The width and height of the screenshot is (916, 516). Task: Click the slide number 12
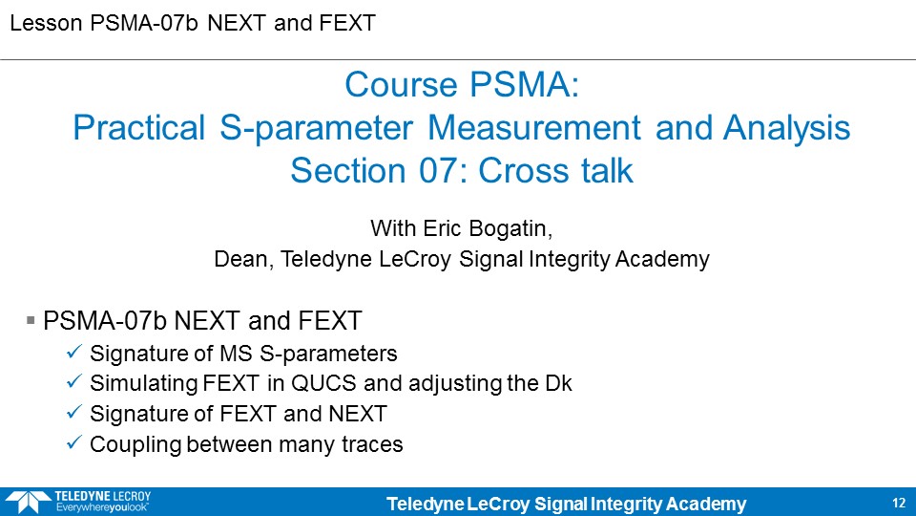point(899,504)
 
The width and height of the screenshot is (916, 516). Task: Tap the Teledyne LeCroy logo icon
point(28,502)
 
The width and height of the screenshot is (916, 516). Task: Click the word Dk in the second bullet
point(558,383)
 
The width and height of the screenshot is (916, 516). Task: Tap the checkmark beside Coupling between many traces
point(74,442)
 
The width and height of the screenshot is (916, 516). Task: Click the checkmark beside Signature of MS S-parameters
point(74,352)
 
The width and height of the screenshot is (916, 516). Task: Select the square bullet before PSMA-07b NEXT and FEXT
point(31,320)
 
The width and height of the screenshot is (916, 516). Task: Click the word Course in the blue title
point(401,84)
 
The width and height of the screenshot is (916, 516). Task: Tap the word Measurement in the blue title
point(534,127)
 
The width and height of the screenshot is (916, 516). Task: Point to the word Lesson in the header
point(46,23)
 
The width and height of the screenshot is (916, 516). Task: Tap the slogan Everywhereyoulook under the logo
point(102,507)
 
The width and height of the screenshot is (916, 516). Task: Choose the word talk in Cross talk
point(607,171)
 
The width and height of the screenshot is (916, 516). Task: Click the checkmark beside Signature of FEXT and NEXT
point(74,412)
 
